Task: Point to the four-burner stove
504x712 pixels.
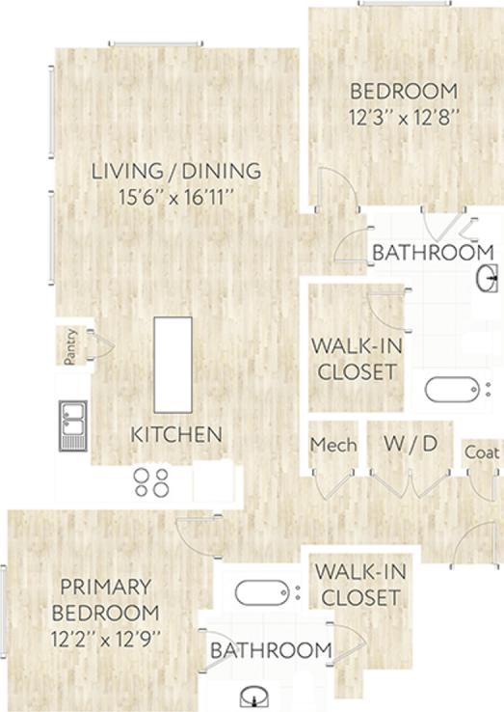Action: (152, 481)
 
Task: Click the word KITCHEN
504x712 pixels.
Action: (177, 434)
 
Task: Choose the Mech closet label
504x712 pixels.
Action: (333, 445)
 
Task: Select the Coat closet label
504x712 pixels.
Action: (482, 452)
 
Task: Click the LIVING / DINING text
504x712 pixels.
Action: (176, 172)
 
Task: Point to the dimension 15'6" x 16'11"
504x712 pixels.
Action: (176, 198)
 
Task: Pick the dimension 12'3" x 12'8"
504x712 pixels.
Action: (403, 118)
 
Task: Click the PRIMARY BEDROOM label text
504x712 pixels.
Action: (106, 599)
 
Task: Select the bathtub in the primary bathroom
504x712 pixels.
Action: (261, 591)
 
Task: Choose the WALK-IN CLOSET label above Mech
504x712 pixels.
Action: (354, 358)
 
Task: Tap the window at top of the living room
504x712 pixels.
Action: (155, 42)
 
